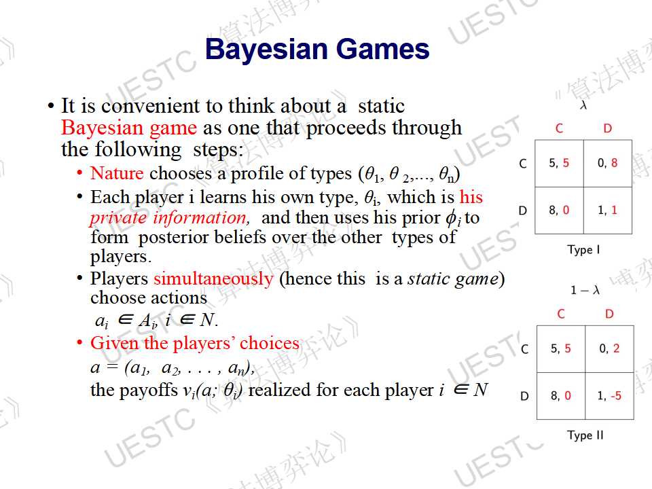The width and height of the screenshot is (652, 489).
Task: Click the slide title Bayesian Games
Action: pyautogui.click(x=317, y=50)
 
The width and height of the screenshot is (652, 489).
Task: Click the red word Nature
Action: pyautogui.click(x=117, y=173)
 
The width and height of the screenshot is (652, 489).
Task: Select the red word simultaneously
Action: pyautogui.click(x=213, y=279)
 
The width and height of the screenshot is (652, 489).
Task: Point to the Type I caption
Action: pyautogui.click(x=583, y=249)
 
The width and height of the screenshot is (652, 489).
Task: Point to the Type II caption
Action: pyautogui.click(x=585, y=435)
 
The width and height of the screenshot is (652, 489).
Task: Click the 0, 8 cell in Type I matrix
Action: pyautogui.click(x=607, y=163)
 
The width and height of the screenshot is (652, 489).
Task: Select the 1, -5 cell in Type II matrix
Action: pyautogui.click(x=609, y=395)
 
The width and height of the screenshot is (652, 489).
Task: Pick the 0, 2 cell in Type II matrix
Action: pyautogui.click(x=609, y=348)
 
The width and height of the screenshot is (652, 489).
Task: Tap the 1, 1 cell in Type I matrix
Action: pyautogui.click(x=607, y=210)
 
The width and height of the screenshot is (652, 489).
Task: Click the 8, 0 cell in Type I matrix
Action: pyautogui.click(x=559, y=210)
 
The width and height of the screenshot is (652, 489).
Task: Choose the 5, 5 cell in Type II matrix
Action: pyautogui.click(x=560, y=348)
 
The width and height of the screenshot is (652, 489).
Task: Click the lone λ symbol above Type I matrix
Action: pyautogui.click(x=583, y=105)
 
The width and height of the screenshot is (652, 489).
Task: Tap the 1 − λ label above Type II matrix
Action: pyautogui.click(x=585, y=290)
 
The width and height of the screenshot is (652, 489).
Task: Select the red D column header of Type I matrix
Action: pyautogui.click(x=607, y=128)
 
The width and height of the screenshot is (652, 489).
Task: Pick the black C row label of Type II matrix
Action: pyautogui.click(x=525, y=348)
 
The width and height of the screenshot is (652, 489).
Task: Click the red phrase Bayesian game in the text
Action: pyautogui.click(x=129, y=128)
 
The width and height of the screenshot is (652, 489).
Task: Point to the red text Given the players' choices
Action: pyautogui.click(x=195, y=343)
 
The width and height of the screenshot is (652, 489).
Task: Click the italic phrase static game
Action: pyautogui.click(x=453, y=278)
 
